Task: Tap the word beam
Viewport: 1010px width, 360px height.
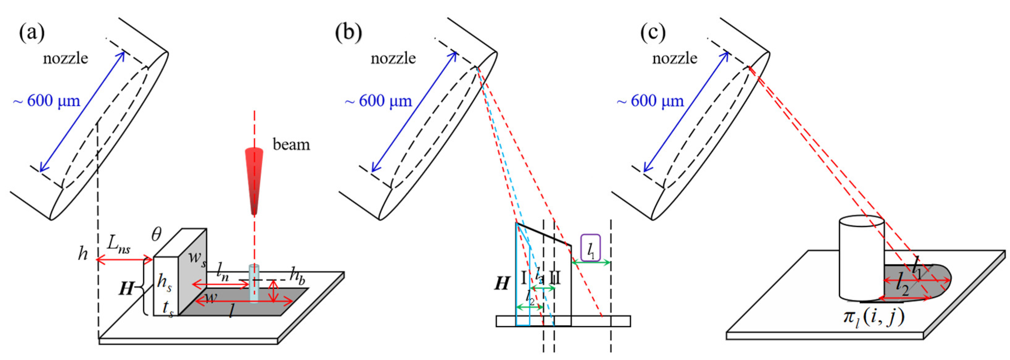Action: (x=291, y=145)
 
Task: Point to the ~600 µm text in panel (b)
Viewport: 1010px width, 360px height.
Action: (x=378, y=101)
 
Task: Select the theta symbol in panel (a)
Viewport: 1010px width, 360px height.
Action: (x=156, y=235)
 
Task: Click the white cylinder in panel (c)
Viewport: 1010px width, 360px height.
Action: (x=861, y=263)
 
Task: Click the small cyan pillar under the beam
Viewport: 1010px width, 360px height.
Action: (x=254, y=284)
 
